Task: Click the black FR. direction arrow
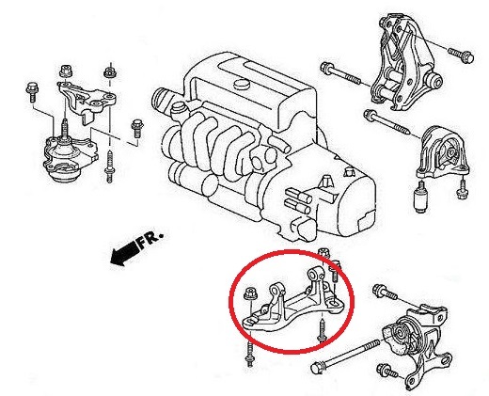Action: (125, 252)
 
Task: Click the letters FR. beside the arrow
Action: (150, 240)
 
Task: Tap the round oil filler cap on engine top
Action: (241, 85)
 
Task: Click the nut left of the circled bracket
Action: (250, 293)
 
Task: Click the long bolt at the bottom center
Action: (344, 355)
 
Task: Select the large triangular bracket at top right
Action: (404, 61)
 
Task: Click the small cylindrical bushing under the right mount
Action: (420, 198)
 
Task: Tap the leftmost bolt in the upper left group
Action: (32, 91)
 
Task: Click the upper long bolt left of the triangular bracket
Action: (342, 73)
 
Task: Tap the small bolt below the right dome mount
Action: (461, 190)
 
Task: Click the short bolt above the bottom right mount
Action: (385, 292)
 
